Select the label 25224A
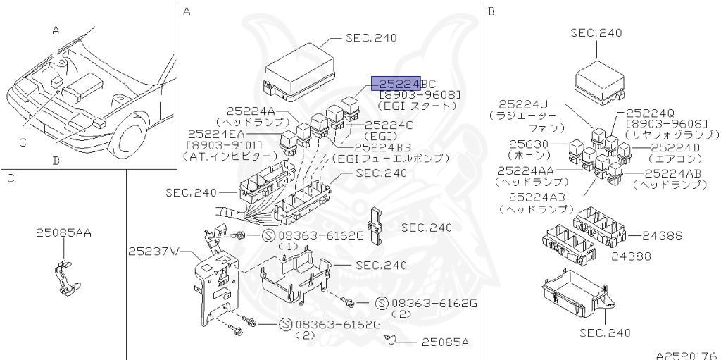pos(255,111)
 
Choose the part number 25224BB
pos(384,147)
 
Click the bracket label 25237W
pos(154,251)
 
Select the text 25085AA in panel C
pos(63,232)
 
